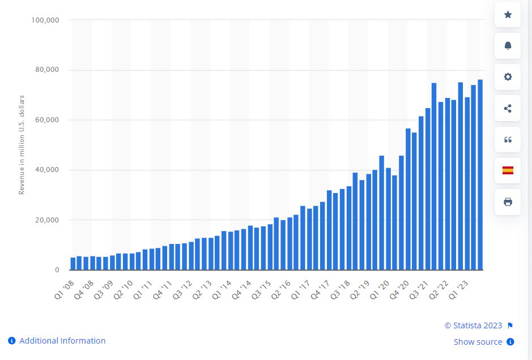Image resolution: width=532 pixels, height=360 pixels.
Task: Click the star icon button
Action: click(508, 15)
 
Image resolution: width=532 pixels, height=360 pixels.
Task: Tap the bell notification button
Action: click(508, 46)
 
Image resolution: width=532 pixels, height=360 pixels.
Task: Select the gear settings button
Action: click(508, 77)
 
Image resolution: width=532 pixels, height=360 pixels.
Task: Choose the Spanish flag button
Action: click(508, 170)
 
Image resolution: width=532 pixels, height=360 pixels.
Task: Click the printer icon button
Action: click(508, 202)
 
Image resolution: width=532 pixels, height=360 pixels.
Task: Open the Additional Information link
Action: click(62, 341)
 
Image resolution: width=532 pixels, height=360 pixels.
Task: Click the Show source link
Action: click(478, 342)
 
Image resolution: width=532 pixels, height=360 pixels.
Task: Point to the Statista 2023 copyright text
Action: click(473, 325)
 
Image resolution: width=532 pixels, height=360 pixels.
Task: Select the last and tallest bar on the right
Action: click(480, 174)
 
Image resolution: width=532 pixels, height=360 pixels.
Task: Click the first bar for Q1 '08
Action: click(73, 264)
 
